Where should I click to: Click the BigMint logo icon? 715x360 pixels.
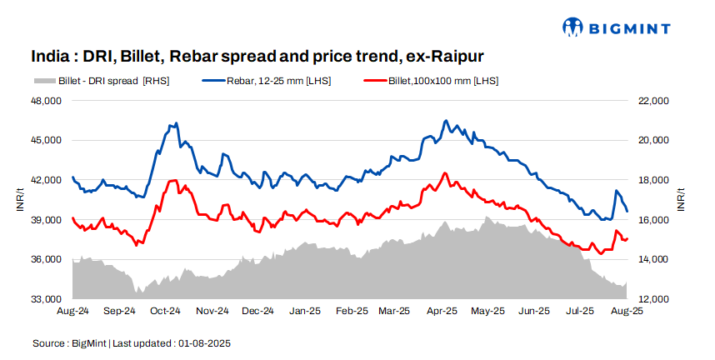pos(573,27)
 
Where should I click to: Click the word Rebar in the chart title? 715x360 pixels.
pos(199,57)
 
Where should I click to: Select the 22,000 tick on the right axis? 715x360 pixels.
pos(653,101)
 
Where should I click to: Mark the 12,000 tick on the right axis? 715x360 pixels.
pos(653,299)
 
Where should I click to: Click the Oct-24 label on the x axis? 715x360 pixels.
pos(165,312)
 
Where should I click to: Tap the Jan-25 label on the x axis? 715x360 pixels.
pos(304,312)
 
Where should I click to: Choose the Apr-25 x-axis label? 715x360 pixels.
pos(443,312)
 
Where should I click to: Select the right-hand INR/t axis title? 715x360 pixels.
pos(681,200)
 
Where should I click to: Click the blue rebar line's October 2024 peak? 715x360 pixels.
pos(175,123)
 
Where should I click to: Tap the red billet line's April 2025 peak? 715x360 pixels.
pos(445,173)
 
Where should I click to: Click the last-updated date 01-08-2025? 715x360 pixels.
pos(202,342)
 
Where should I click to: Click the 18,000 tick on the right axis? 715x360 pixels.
pos(653,180)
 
